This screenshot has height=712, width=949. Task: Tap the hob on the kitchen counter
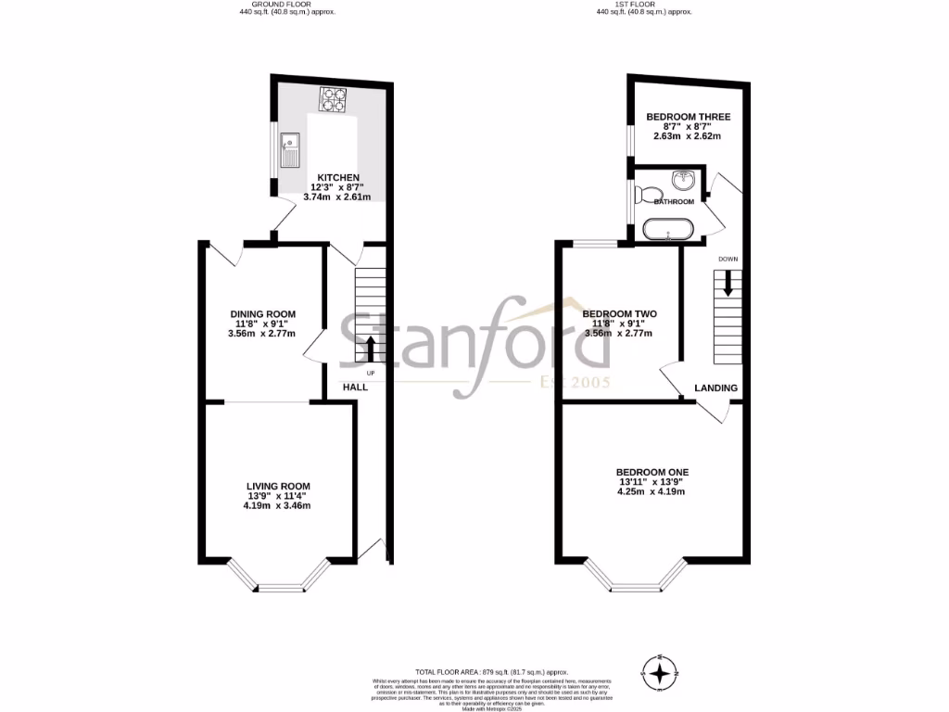coord(332,99)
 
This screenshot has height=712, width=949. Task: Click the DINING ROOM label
coord(263,313)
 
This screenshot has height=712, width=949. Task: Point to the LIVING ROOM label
coord(278,486)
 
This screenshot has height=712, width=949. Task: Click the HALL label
coord(355,387)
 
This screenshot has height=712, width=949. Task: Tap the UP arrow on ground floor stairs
coord(371,348)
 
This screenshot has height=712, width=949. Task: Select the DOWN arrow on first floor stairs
coord(728,282)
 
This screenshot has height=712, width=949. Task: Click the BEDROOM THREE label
coord(688,117)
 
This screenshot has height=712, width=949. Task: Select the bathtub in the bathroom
coord(665,230)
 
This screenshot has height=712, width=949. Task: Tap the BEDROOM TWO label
coord(619,313)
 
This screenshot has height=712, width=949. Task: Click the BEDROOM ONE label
coord(653,472)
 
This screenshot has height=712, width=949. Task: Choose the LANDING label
coord(716,388)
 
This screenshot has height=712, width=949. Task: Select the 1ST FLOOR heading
coord(643,5)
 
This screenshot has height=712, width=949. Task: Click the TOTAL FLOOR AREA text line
coord(490,671)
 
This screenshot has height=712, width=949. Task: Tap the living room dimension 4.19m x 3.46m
coord(278,506)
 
